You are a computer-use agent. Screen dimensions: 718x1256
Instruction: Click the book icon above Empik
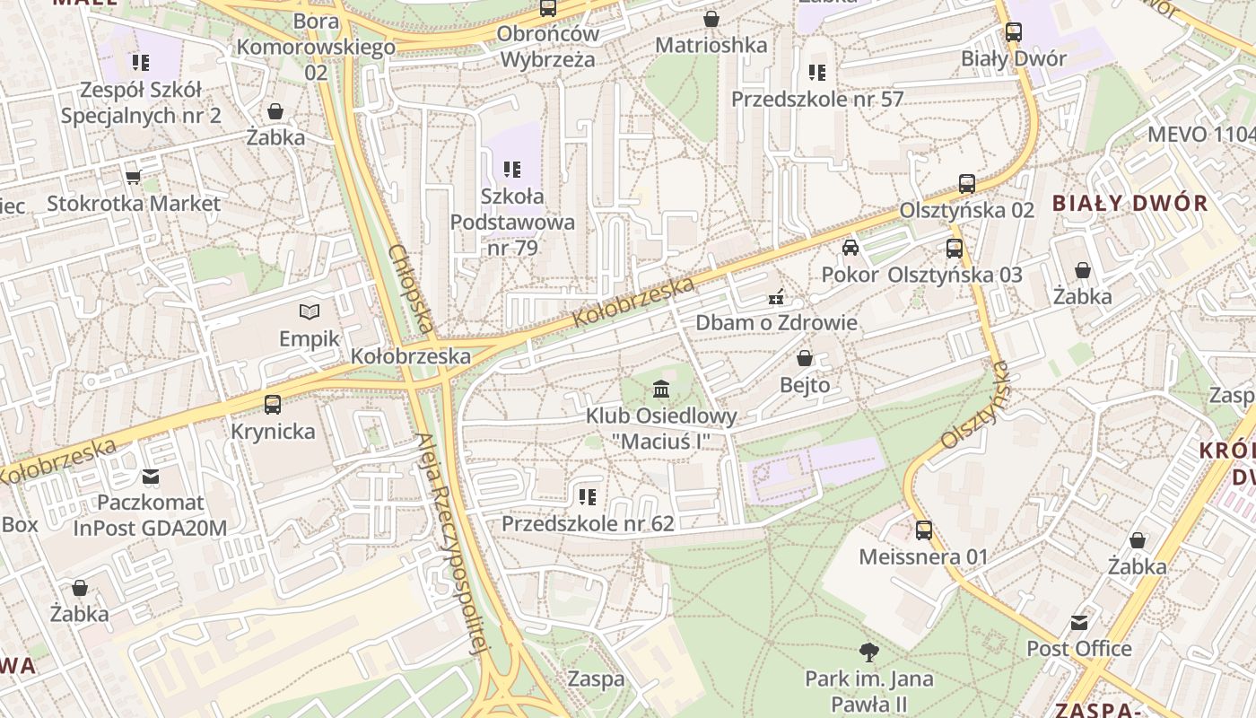click(x=310, y=311)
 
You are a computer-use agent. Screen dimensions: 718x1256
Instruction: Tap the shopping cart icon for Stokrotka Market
click(x=134, y=177)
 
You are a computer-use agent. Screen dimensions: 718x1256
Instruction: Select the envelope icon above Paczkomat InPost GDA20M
click(x=151, y=476)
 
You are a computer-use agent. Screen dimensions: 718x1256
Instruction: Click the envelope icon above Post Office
click(x=1079, y=622)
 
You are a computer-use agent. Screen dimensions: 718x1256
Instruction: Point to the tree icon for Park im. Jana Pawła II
click(x=868, y=652)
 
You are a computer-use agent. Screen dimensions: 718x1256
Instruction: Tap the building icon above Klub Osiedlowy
click(x=661, y=389)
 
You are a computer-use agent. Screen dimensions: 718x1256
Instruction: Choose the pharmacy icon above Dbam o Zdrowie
click(x=776, y=295)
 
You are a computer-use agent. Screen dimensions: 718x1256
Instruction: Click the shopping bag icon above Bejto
click(x=805, y=358)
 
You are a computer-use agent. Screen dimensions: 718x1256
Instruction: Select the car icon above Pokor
click(x=850, y=248)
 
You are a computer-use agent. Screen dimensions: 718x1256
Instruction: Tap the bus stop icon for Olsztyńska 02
click(x=967, y=183)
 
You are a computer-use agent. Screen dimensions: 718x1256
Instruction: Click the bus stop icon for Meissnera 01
click(x=924, y=530)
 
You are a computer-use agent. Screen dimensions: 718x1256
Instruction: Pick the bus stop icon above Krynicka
click(x=273, y=404)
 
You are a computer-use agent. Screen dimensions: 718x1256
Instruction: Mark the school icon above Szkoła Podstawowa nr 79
click(x=512, y=169)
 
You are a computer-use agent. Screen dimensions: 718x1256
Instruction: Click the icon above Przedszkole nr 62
click(x=588, y=496)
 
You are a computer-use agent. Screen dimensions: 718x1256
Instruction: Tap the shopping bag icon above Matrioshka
click(x=711, y=18)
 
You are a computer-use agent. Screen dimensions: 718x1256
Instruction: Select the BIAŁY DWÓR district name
click(x=1130, y=203)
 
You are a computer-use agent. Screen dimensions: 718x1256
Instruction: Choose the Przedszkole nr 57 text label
click(x=817, y=99)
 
